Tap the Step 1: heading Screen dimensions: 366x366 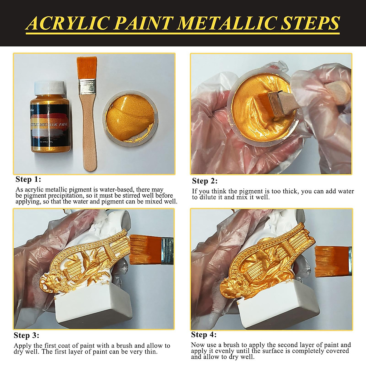point(28,179)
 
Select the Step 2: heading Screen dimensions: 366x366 point(205,181)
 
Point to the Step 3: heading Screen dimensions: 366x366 point(27,335)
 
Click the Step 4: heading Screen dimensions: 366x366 point(204,335)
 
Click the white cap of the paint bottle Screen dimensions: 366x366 point(49,88)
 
